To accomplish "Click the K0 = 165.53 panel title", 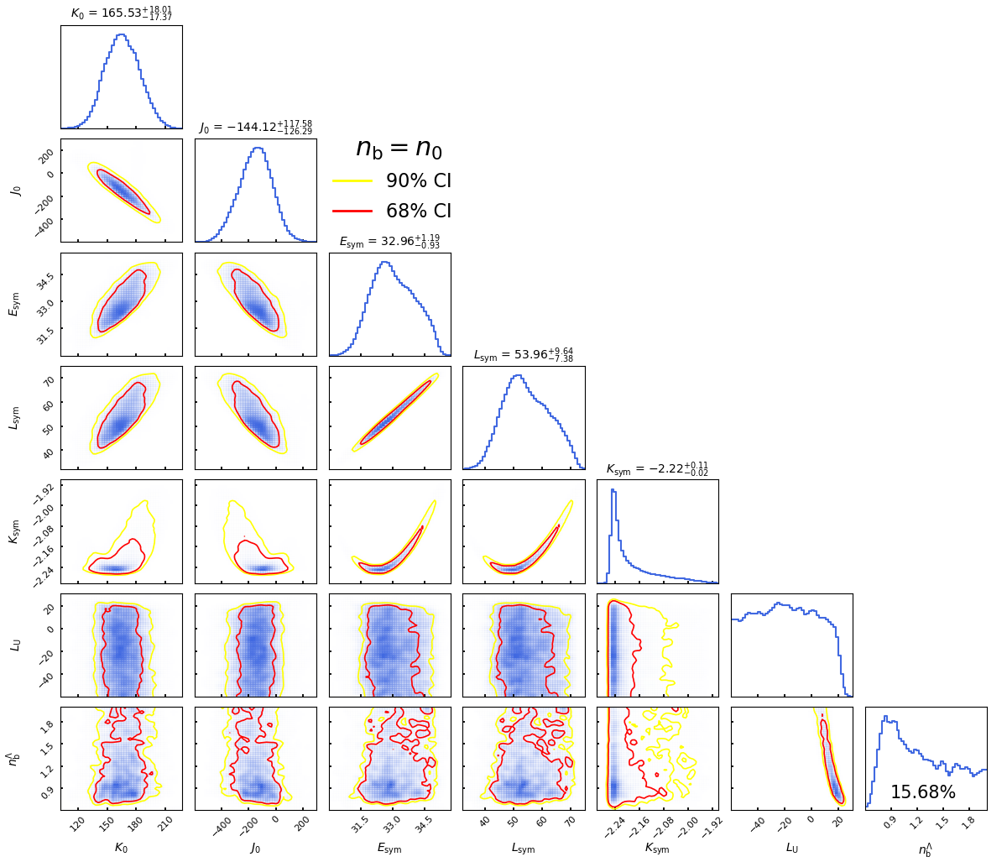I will click(x=121, y=13).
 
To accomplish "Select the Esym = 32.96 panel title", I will click(x=389, y=241).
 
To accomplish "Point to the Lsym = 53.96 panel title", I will click(x=524, y=354).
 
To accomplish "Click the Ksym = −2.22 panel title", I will click(x=657, y=468).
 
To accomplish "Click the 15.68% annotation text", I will click(x=922, y=792).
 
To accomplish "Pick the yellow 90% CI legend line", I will click(x=352, y=180).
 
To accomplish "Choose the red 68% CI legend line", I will click(x=352, y=211).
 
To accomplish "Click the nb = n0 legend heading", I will click(x=399, y=148).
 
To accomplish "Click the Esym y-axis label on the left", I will click(x=14, y=304).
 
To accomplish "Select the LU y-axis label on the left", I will click(x=14, y=645).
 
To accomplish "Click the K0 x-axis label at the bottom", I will click(x=121, y=848).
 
